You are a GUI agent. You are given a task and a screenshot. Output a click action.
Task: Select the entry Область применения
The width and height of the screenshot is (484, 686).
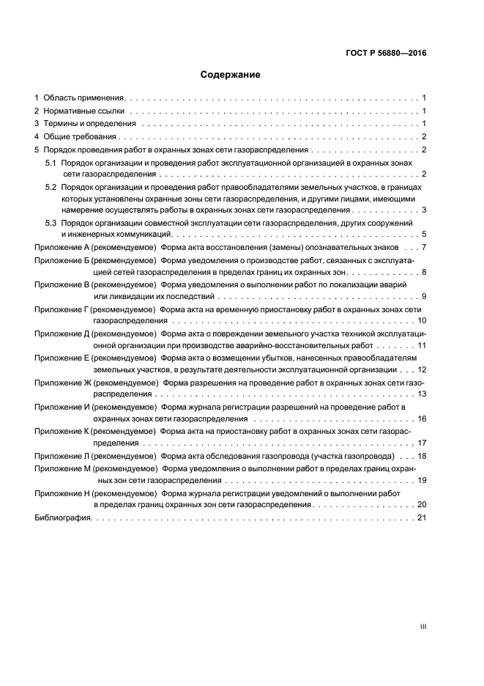pos(84,97)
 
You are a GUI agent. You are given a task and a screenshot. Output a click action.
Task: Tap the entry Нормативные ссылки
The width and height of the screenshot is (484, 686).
pos(83,111)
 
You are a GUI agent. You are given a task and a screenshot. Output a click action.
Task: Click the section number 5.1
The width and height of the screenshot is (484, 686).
pos(51,161)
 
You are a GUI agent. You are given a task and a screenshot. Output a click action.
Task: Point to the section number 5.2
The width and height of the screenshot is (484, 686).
pos(51,188)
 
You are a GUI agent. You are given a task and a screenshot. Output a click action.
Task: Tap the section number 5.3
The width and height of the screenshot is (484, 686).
pos(51,222)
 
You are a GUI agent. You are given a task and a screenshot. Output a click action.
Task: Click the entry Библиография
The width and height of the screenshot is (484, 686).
pos(62,518)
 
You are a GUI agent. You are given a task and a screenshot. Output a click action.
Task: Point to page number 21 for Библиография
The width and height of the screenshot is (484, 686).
pos(421,518)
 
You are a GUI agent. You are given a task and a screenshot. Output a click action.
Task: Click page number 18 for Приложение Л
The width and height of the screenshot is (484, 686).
pos(421,456)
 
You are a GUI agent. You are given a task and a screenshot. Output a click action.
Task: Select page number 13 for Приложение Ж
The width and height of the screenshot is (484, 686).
pos(421,394)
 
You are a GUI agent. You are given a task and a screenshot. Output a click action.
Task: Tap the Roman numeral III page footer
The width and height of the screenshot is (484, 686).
pos(422,627)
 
